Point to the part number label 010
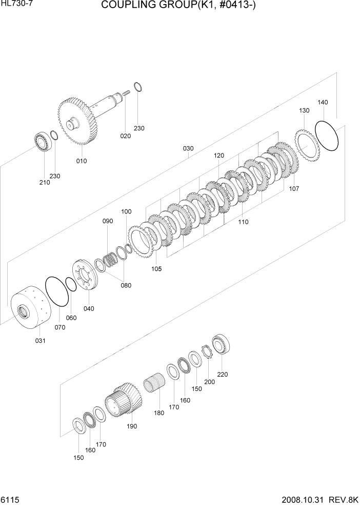(x=81, y=161)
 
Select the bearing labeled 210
(x=42, y=142)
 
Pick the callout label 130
(x=304, y=110)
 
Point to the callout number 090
(x=107, y=221)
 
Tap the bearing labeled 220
(x=223, y=344)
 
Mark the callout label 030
(x=188, y=148)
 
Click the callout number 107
(x=294, y=188)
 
